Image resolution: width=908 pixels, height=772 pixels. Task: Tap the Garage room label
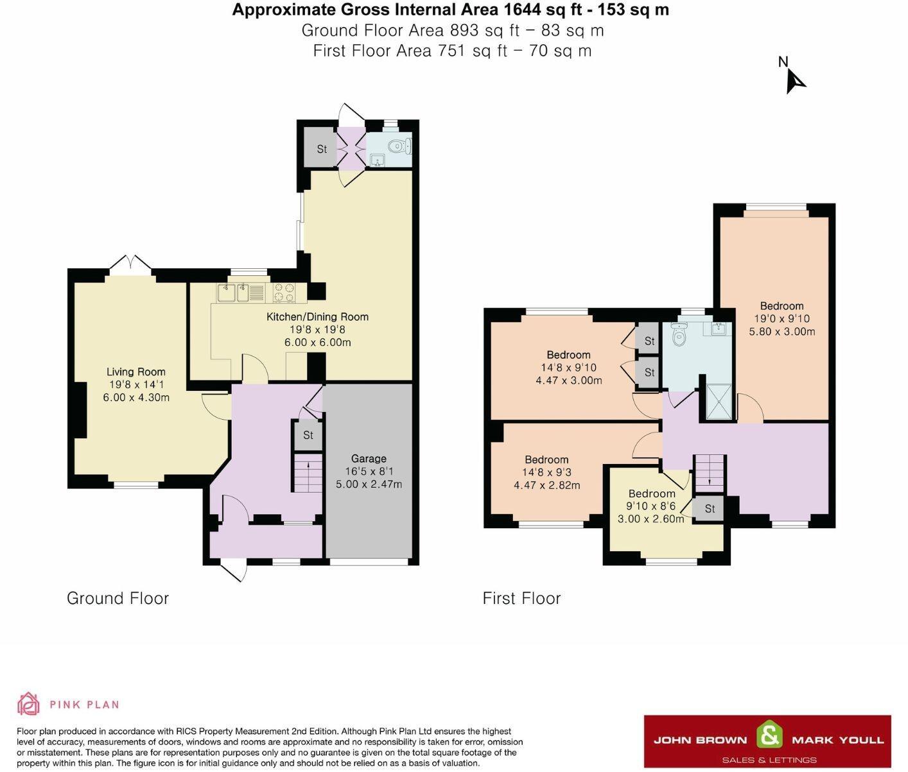click(x=369, y=459)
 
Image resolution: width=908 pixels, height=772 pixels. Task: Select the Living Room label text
click(x=136, y=372)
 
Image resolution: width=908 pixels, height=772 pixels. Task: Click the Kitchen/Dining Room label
click(x=317, y=317)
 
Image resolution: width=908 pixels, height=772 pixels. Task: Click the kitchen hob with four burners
click(x=284, y=293)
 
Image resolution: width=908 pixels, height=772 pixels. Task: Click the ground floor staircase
click(x=308, y=473)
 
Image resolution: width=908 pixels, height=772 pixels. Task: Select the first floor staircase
click(x=708, y=473)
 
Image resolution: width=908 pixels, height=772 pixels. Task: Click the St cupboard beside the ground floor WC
click(x=321, y=150)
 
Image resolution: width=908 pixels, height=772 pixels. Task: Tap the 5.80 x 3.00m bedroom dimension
click(x=782, y=331)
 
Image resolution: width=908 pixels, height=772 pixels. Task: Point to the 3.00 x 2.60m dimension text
click(x=650, y=519)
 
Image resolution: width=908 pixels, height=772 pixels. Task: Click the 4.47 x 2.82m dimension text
click(x=547, y=485)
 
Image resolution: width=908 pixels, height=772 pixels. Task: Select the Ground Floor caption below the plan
click(x=118, y=598)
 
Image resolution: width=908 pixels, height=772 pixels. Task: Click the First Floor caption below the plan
click(x=521, y=598)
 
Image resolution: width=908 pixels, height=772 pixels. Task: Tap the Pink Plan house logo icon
click(x=28, y=703)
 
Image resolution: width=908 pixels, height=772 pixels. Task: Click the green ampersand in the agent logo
click(x=770, y=734)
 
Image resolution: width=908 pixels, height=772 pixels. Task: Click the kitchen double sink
click(x=233, y=293)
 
